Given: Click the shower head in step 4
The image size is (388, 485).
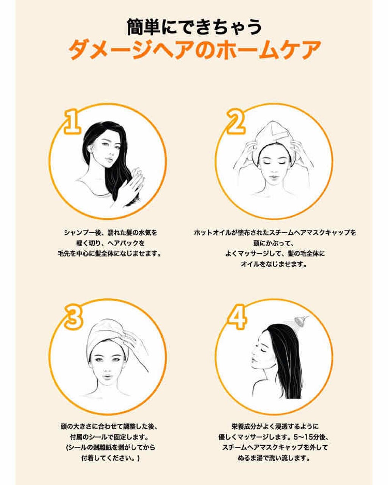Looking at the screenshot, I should point(302,321).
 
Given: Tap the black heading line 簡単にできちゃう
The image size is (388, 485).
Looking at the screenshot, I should point(194,27).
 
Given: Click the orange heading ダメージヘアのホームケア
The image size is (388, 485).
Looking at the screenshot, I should point(194,50).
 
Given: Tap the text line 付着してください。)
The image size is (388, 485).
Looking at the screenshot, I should point(110,458).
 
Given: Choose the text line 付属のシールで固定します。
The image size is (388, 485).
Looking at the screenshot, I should point(110,437).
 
